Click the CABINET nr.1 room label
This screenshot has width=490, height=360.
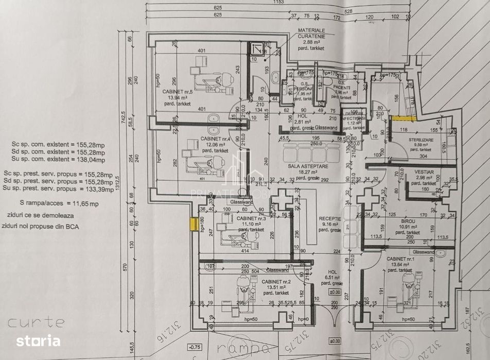tap(400, 258)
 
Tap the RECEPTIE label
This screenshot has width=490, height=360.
tap(329, 218)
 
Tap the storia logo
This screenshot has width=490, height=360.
tap(38, 340)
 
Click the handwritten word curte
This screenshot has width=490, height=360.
tap(36, 323)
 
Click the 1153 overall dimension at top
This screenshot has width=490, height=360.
tap(279, 3)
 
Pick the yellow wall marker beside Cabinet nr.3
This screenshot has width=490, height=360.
tap(194, 224)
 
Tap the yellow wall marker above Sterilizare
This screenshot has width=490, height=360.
tap(398, 118)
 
